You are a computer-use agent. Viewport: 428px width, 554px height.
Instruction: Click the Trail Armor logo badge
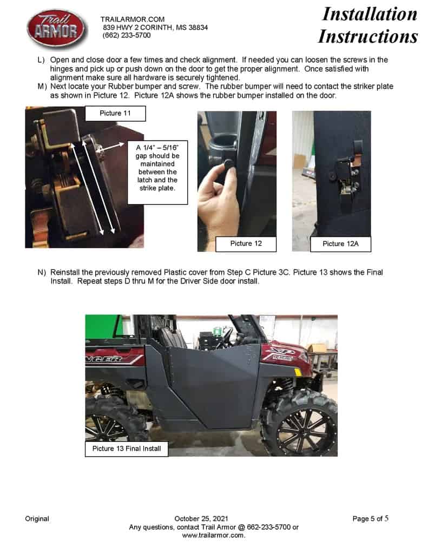point(57,29)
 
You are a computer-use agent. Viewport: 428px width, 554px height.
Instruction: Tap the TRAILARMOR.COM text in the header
point(133,19)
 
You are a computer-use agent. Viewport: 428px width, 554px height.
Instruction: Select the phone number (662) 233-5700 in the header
point(127,35)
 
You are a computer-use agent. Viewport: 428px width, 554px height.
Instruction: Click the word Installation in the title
point(370,15)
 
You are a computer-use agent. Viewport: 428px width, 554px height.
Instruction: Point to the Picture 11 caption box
point(115,114)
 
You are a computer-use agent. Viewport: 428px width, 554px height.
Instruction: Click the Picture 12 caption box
point(246,244)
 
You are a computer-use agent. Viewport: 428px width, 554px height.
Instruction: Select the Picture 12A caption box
point(340,244)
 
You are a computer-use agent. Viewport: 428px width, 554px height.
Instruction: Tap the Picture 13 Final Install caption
point(127,449)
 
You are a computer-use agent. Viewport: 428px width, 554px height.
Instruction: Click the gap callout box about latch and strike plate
point(157,172)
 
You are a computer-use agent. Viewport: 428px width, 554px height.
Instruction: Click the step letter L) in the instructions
point(41,60)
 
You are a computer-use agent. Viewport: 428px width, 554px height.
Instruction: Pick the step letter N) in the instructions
point(42,273)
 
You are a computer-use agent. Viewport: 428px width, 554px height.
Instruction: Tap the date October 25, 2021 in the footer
point(201,519)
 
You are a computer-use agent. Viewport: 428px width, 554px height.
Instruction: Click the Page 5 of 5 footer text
point(371,519)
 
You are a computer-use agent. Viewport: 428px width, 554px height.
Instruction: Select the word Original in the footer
point(37,519)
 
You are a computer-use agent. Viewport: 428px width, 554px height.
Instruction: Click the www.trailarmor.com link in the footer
point(213,535)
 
